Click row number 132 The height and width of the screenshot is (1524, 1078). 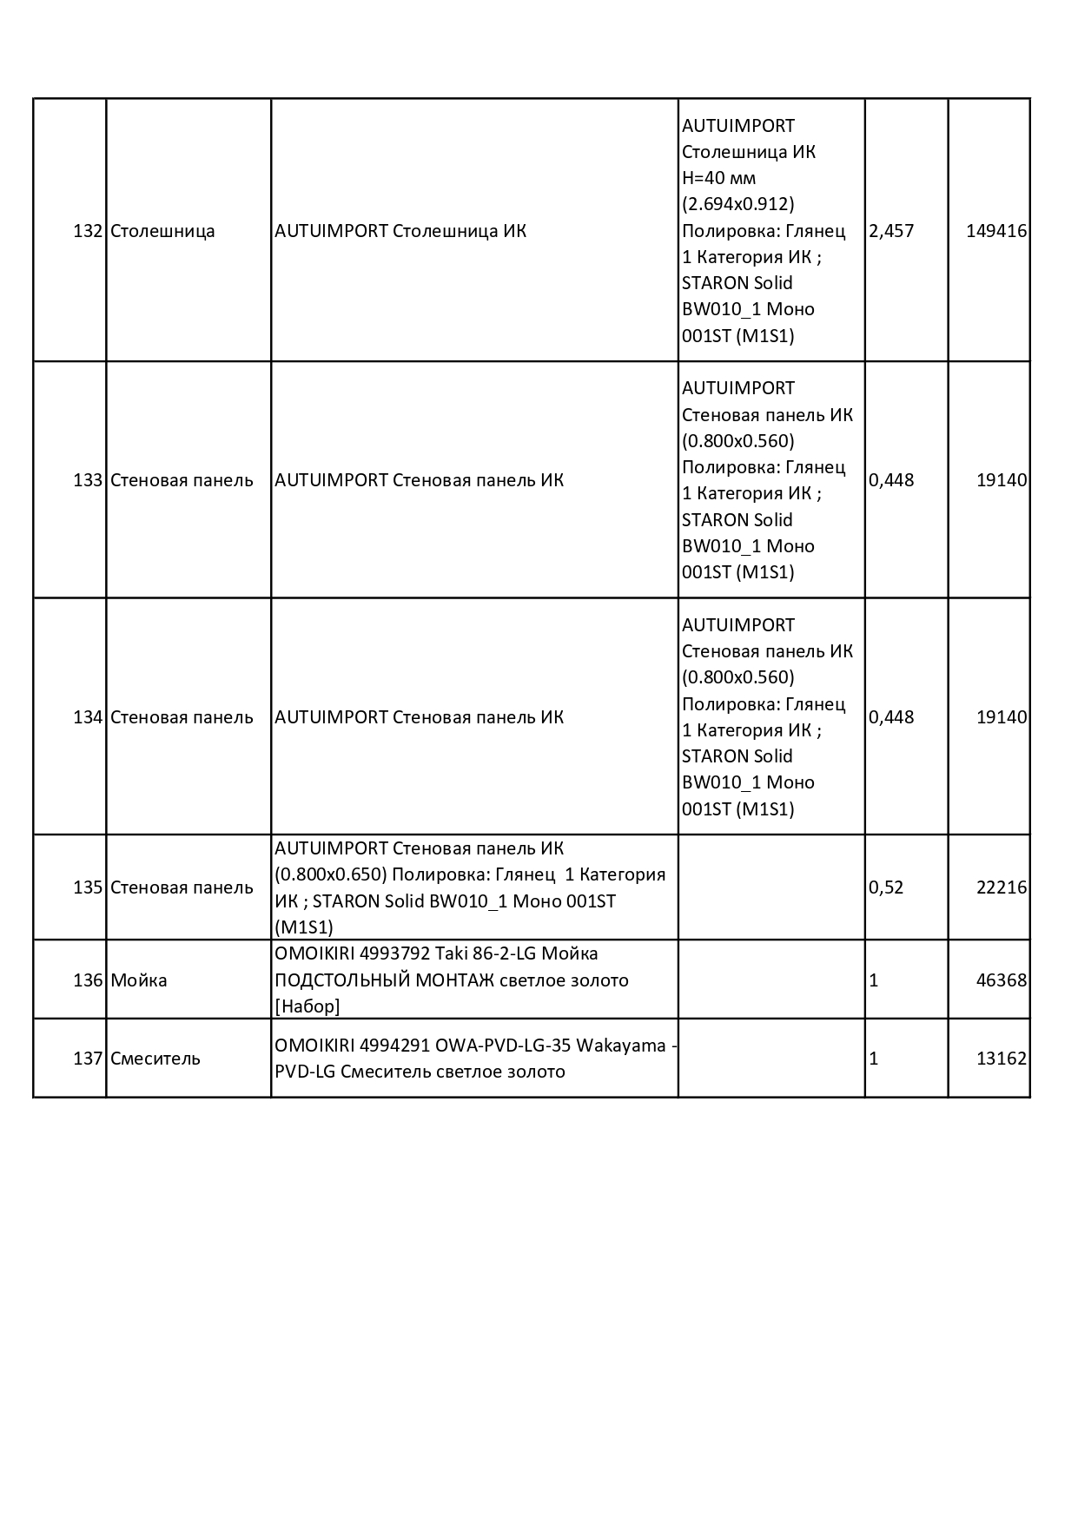coord(89,231)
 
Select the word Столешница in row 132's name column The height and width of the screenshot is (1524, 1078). coord(162,231)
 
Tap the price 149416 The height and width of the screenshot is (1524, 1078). coord(996,231)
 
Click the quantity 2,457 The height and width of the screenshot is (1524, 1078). coord(891,231)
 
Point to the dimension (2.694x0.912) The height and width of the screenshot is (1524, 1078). coord(737,204)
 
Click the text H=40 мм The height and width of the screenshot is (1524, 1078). coord(718,178)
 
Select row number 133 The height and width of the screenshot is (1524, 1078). coord(89,480)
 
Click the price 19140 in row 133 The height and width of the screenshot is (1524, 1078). coord(1002,480)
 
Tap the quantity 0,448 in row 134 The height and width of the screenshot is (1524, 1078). coord(891,717)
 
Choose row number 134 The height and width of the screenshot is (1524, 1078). coord(89,717)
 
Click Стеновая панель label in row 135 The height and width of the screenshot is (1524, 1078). coord(182,887)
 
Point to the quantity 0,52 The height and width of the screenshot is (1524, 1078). coord(886,887)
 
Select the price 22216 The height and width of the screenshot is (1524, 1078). coord(1002,887)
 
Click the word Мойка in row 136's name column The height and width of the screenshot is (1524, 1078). coord(139,980)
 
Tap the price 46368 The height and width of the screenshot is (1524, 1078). coord(1002,980)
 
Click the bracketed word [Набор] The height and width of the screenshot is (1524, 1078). coord(308,1006)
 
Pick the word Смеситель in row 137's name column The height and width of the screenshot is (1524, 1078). coord(155,1059)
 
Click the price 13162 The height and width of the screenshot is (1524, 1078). coord(1002,1059)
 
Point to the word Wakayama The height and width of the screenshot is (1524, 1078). coord(620,1046)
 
